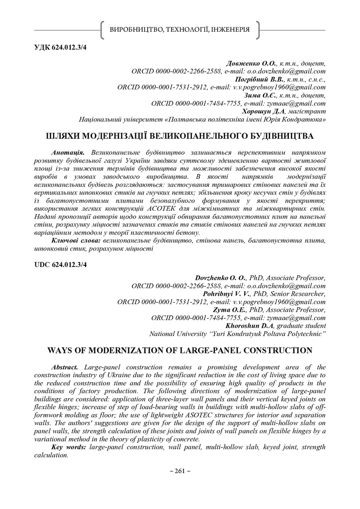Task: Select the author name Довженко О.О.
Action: point(248,64)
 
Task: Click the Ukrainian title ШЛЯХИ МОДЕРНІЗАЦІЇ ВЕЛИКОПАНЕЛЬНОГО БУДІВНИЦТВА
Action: point(180,136)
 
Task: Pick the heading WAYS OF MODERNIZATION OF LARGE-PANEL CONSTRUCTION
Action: point(180,350)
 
